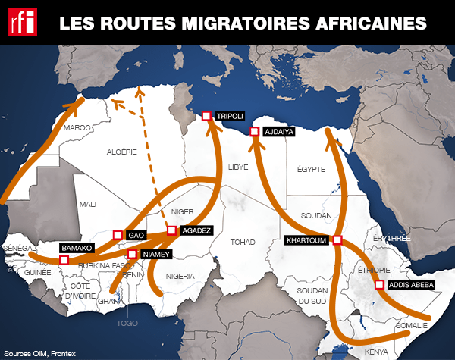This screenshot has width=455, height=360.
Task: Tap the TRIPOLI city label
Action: (229, 116)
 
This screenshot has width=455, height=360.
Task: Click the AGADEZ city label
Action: (198, 230)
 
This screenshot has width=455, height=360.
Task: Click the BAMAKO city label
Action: (77, 248)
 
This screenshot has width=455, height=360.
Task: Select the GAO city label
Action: (136, 235)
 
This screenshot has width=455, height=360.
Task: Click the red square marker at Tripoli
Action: (206, 116)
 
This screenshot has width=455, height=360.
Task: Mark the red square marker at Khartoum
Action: (337, 241)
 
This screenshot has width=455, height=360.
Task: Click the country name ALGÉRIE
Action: (121, 152)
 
